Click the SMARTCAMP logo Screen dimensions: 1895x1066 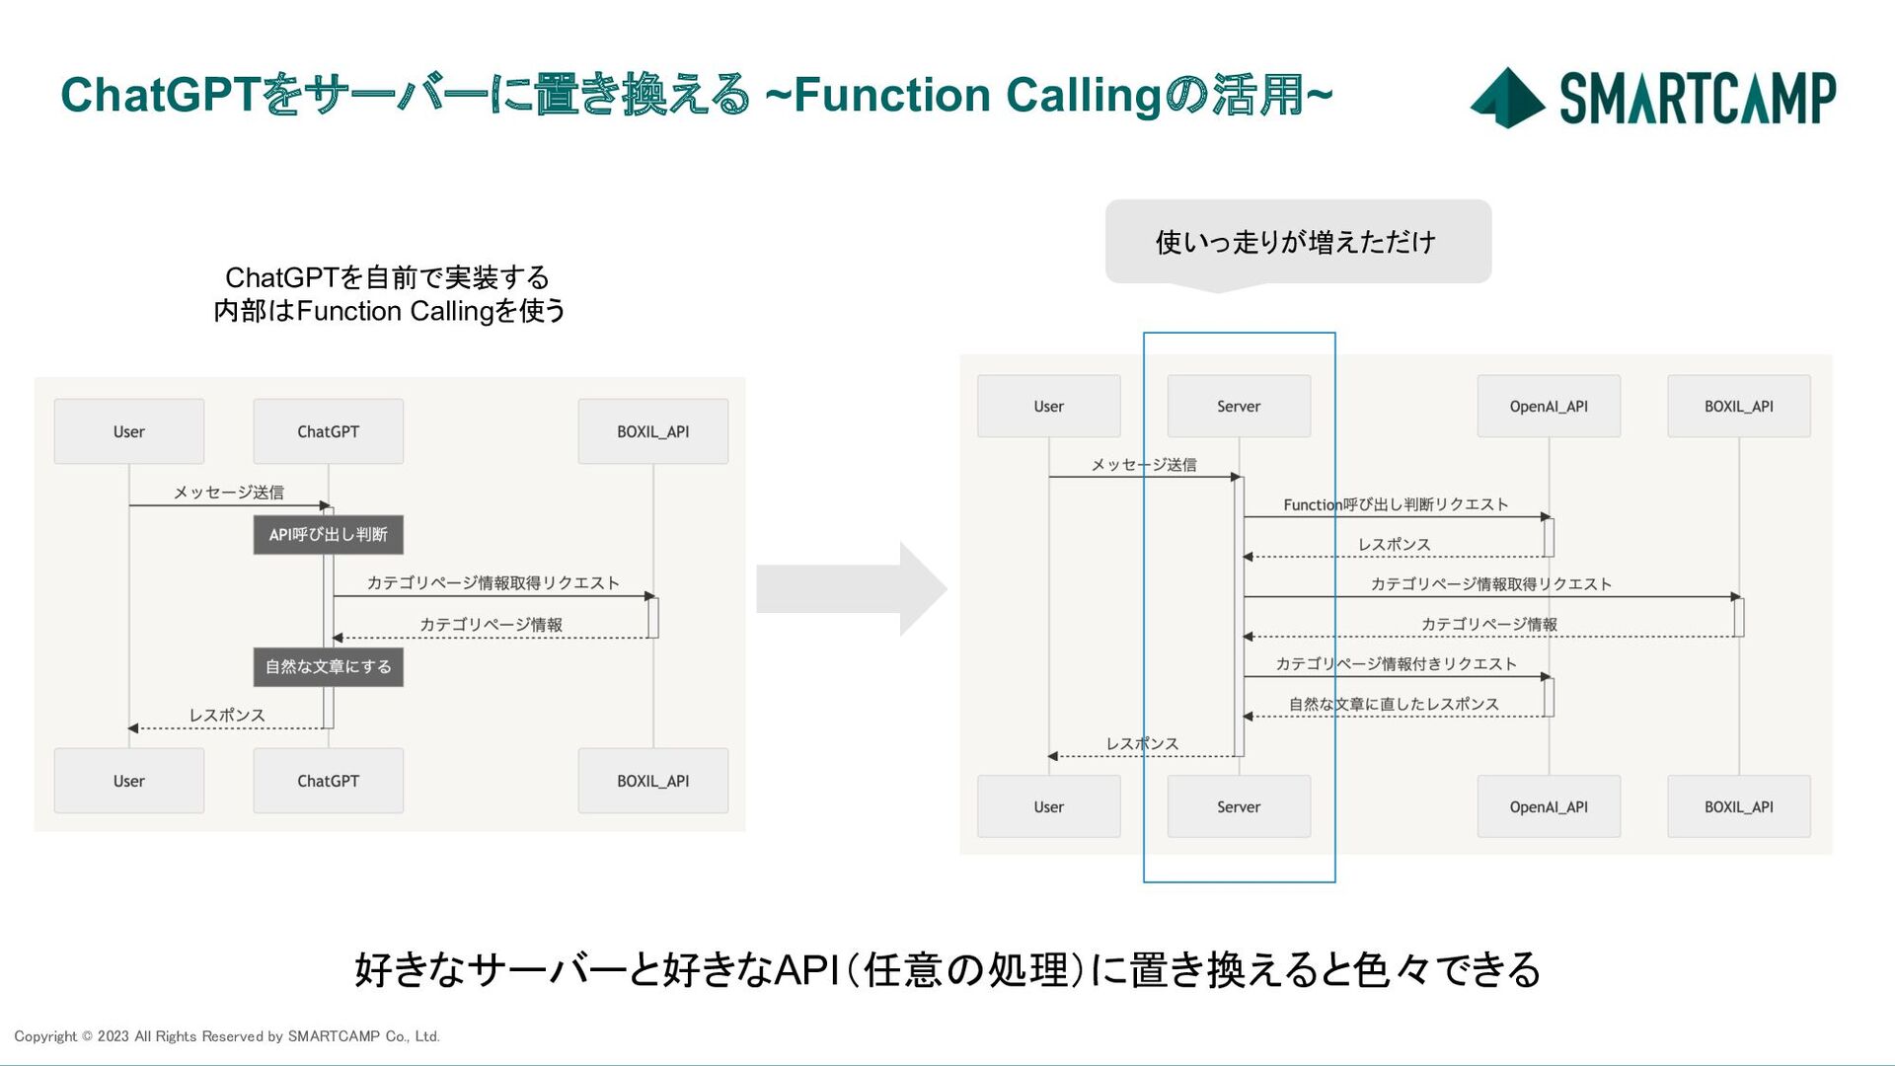[x=1653, y=98]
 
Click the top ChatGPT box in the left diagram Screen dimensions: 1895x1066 [x=329, y=431]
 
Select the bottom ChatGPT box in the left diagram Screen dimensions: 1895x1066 [x=329, y=781]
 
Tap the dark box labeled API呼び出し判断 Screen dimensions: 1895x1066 [x=329, y=535]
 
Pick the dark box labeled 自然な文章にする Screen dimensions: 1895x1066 [x=329, y=667]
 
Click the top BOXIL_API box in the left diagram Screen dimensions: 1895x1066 [x=653, y=431]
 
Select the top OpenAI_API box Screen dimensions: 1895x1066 [x=1549, y=406]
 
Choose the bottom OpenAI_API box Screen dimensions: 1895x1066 [x=1549, y=806]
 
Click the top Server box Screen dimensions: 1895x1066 [x=1239, y=406]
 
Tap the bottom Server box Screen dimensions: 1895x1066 [x=1239, y=806]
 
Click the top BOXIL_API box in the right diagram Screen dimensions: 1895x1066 [x=1739, y=406]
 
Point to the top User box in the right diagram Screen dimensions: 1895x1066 [x=1049, y=406]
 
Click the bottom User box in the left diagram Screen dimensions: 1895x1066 [x=129, y=781]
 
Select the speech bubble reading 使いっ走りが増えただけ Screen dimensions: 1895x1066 [x=1298, y=243]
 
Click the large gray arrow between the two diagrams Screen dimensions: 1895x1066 [x=852, y=588]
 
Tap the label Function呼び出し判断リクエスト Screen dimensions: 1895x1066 [x=1396, y=504]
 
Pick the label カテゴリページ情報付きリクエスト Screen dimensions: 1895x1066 [x=1396, y=663]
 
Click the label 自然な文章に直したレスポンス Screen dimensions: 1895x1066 [x=1394, y=704]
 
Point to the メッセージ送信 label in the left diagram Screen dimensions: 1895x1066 [x=229, y=492]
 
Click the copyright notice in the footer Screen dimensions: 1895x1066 [x=227, y=1036]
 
